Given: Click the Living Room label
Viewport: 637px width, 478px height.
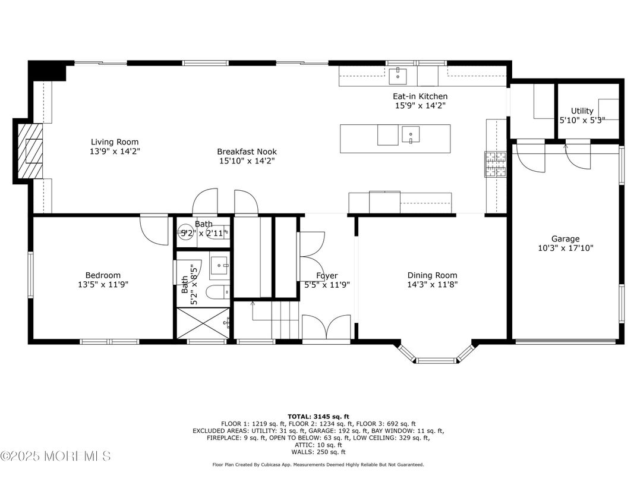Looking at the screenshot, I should tap(115, 142).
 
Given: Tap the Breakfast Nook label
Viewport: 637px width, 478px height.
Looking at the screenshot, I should tap(247, 152).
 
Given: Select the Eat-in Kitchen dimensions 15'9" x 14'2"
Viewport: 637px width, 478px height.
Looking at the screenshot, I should tap(420, 106).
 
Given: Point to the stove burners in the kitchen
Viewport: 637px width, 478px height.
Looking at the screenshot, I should tap(496, 165).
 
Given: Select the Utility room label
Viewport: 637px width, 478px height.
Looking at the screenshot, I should tap(582, 111).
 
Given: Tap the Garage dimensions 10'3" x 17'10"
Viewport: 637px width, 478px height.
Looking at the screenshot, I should tap(565, 248).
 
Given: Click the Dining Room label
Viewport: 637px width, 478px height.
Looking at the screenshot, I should tap(432, 275).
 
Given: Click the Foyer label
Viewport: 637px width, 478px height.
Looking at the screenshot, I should tap(327, 275).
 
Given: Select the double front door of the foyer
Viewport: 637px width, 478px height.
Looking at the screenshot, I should tap(326, 328).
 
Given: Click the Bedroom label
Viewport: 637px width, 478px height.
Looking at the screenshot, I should tap(103, 275).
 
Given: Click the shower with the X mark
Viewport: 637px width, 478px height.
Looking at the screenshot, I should tap(203, 323).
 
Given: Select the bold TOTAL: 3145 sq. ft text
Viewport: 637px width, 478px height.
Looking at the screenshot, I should tap(318, 417).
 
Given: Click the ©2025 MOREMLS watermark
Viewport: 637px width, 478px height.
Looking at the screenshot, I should tap(55, 457).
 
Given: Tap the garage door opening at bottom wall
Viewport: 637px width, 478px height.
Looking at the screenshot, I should tap(565, 341).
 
